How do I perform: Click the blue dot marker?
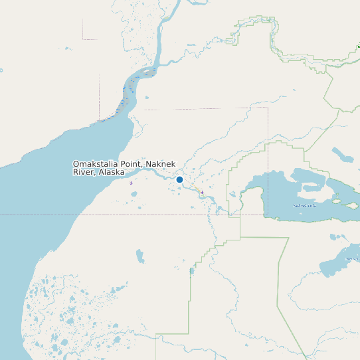point(179,179)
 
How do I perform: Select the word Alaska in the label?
point(112,172)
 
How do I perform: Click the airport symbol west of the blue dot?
point(131,183)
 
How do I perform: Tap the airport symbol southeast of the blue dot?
point(202,192)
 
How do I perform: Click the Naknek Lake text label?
point(305,205)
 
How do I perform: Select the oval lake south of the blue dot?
point(140,256)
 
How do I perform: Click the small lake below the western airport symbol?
point(134,195)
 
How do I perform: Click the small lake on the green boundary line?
point(192,271)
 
